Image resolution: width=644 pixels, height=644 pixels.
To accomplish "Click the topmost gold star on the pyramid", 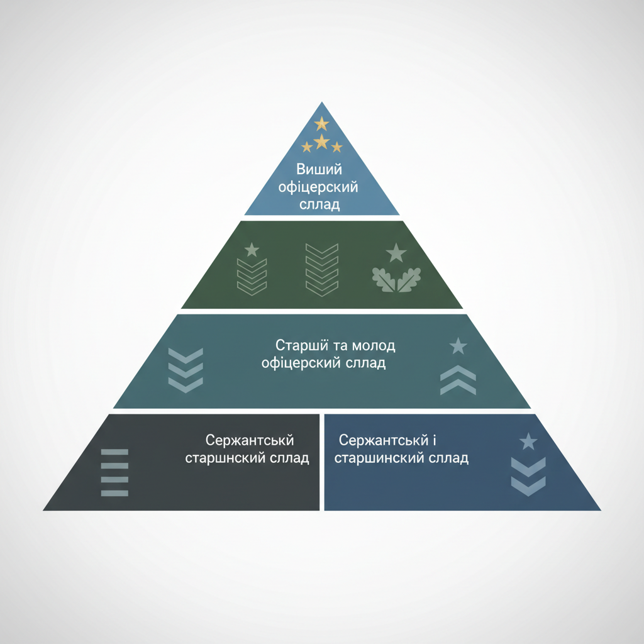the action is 321,123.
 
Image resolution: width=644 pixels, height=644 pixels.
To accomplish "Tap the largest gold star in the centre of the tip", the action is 321,142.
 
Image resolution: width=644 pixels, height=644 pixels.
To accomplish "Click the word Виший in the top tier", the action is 319,169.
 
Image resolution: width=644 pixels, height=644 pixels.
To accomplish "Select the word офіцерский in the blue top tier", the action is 318,187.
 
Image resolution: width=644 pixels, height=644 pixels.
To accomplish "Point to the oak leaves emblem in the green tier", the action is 396,280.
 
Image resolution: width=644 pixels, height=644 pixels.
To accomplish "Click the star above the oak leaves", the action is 396,253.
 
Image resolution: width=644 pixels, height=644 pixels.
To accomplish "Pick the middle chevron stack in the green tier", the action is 322,269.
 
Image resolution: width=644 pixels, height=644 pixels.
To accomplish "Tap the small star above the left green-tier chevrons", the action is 252,249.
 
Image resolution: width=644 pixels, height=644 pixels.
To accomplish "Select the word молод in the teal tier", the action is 374,345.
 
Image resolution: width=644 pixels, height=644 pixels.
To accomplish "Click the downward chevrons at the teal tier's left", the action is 186,370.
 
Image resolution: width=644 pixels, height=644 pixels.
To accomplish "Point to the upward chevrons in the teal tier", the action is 458,380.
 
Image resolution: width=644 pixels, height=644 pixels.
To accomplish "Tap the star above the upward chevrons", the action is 458,346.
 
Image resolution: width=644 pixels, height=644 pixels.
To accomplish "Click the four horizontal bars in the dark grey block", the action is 114,472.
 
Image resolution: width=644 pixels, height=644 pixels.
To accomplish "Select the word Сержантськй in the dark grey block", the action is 250,440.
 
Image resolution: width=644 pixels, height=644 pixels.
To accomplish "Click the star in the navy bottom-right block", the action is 528,441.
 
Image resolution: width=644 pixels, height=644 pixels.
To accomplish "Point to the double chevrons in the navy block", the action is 528,477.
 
